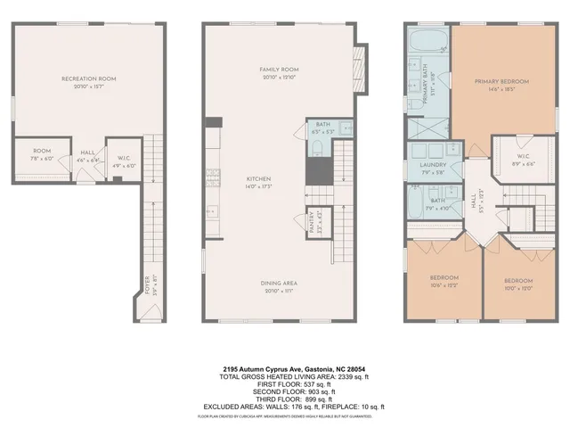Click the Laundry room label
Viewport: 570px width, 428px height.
420,169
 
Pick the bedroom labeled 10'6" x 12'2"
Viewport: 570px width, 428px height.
444,281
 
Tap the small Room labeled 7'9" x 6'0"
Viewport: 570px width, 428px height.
42,155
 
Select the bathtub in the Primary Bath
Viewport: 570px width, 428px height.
427,39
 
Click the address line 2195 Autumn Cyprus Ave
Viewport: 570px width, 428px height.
284,367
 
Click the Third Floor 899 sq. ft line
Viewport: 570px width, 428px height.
284,399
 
